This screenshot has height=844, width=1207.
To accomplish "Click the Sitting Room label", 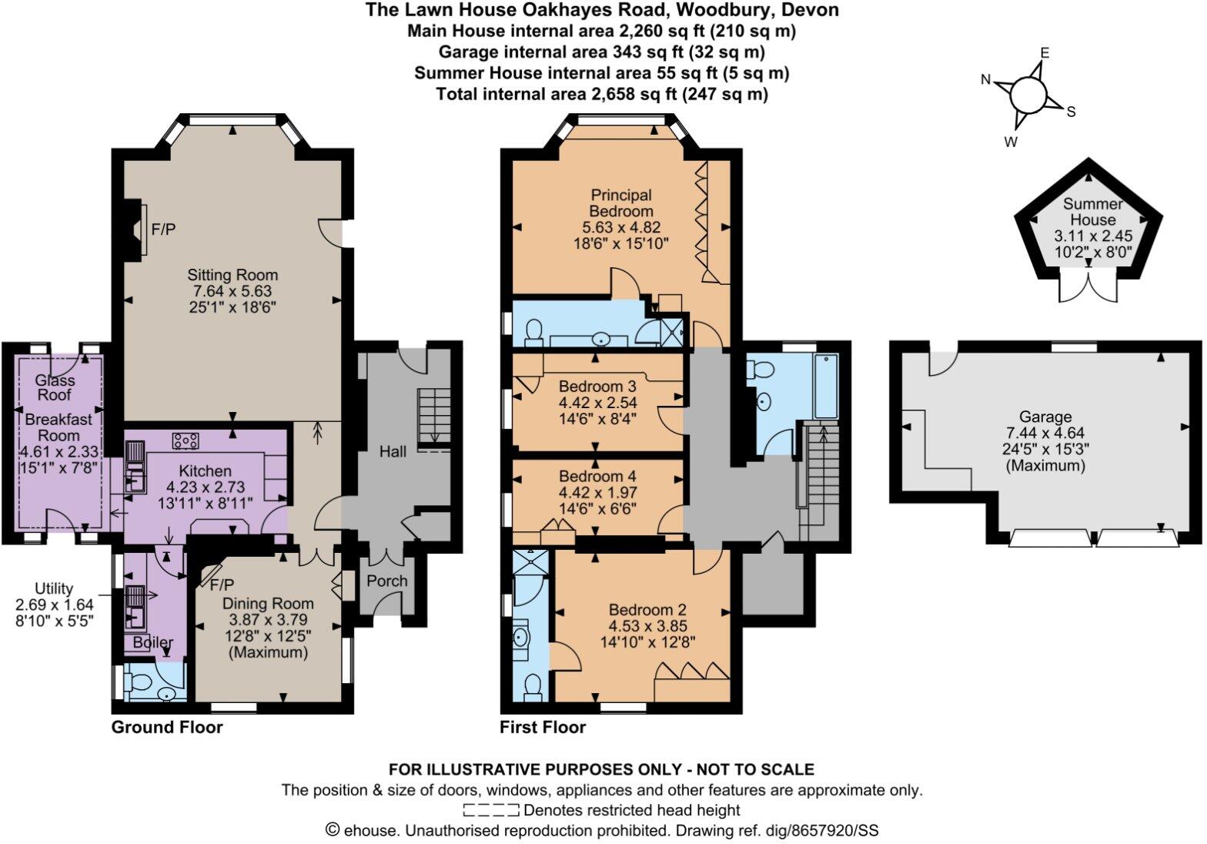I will point(232,275).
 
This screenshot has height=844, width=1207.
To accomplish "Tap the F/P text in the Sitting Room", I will point(163,229).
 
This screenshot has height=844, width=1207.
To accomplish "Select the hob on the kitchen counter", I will point(186,440).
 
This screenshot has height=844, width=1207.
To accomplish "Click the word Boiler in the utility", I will point(152,642).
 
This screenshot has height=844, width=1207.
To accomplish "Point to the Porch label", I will point(386,581).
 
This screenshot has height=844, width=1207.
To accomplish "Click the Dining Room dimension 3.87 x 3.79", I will point(268,620).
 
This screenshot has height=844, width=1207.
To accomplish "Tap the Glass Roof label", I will point(55,387).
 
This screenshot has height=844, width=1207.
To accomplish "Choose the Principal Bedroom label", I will point(621,203).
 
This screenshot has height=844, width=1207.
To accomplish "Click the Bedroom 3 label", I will point(597,386).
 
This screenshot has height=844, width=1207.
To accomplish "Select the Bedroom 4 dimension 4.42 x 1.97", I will point(597,492).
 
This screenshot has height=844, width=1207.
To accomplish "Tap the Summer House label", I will point(1092,212).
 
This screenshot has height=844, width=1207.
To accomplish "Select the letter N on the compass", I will point(987,79).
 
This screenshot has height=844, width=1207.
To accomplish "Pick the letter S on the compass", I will point(1071,112).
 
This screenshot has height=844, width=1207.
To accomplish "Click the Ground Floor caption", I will point(167,727).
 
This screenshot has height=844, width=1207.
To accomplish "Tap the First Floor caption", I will point(543,727).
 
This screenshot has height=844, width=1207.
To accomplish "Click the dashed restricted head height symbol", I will point(491,810).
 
